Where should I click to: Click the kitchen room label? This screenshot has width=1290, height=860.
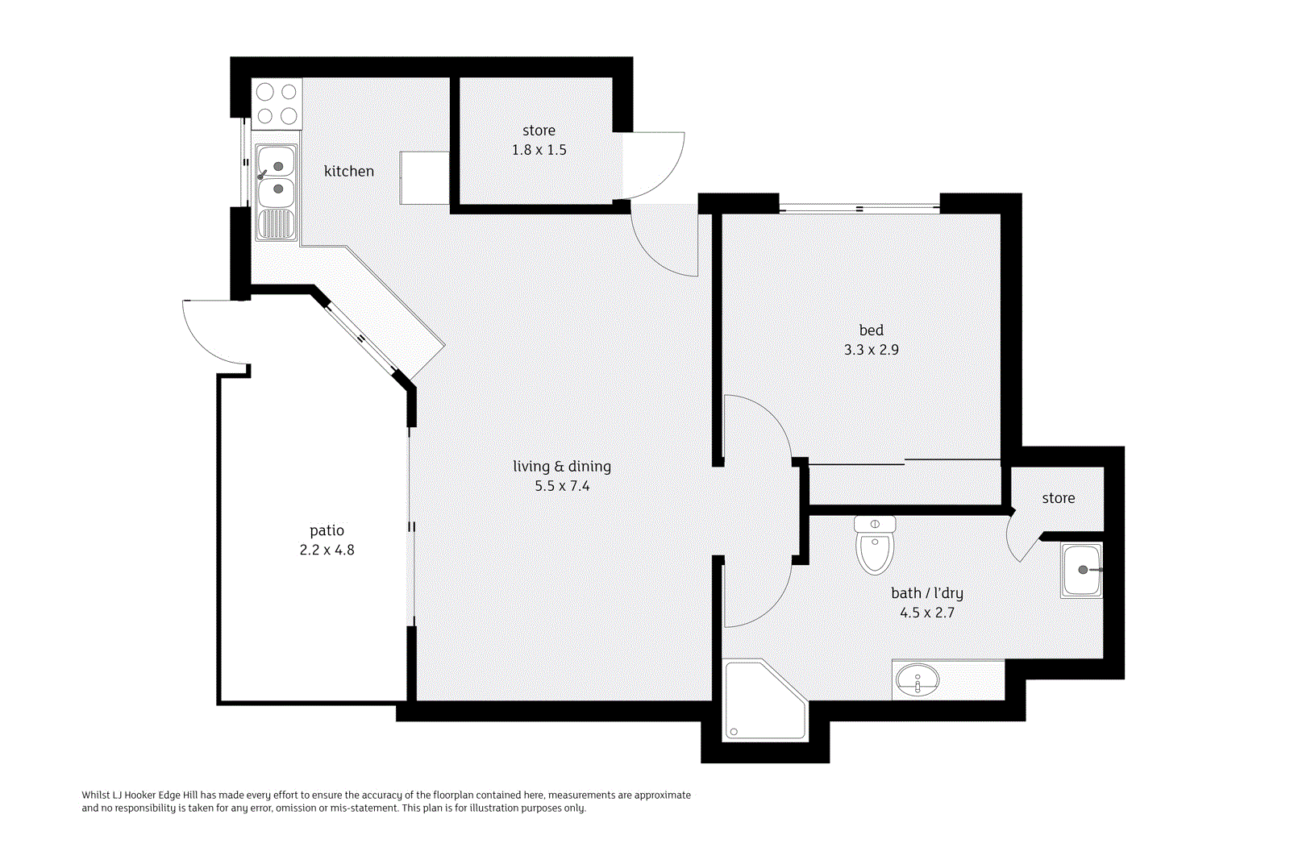(x=348, y=171)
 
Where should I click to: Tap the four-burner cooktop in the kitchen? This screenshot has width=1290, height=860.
(x=277, y=104)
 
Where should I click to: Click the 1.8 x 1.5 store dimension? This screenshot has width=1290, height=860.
(x=539, y=150)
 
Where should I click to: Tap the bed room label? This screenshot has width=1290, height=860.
(x=871, y=330)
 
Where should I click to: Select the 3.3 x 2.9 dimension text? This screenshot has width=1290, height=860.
(x=871, y=350)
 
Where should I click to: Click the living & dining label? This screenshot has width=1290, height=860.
(x=562, y=467)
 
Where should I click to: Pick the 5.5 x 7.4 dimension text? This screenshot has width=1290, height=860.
(x=562, y=486)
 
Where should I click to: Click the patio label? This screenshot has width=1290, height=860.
(x=327, y=530)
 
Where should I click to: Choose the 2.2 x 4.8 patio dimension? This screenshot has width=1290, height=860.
(x=327, y=550)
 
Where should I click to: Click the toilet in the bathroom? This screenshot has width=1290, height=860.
(x=875, y=546)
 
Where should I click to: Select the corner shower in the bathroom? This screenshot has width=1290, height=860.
(x=762, y=701)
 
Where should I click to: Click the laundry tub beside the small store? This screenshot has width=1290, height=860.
(x=1081, y=570)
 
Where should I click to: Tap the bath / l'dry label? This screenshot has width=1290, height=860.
(x=926, y=593)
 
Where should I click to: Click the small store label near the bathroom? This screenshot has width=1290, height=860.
(x=1058, y=498)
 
